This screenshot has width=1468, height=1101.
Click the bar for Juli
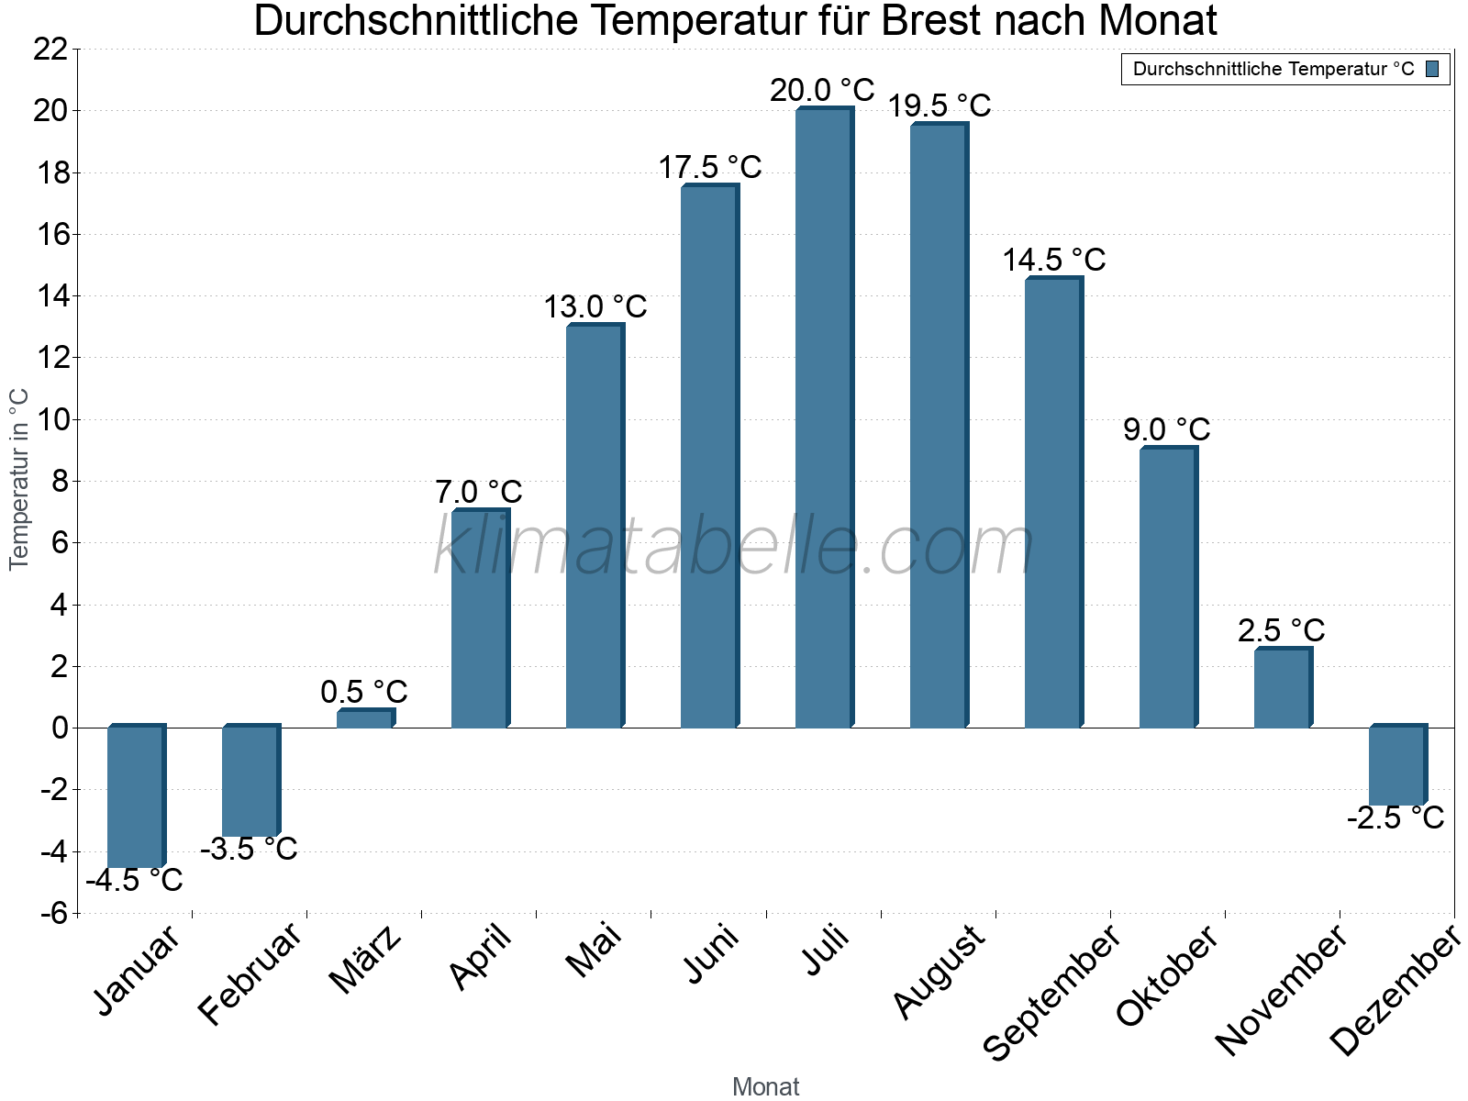pos(823,418)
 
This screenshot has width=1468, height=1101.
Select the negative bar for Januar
pos(135,796)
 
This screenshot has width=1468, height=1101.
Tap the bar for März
pos(364,719)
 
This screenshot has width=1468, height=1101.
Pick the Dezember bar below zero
pos(1396,766)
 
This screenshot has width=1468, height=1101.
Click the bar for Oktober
pos(1167,588)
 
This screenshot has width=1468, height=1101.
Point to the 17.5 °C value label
pos(710,167)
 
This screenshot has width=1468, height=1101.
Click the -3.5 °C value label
pos(249,850)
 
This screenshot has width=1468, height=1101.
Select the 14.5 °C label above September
pos(1053,260)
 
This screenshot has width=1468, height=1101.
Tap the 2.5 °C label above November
pos(1281,630)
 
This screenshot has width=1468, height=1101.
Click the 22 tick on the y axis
pos(50,50)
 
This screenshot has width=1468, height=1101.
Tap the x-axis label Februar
pos(250,973)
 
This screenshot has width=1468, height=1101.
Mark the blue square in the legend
pos(1432,69)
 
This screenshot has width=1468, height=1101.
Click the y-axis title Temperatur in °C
pos(19,479)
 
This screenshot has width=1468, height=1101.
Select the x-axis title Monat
pos(766,1086)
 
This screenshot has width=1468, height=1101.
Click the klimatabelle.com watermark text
pos(734,547)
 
